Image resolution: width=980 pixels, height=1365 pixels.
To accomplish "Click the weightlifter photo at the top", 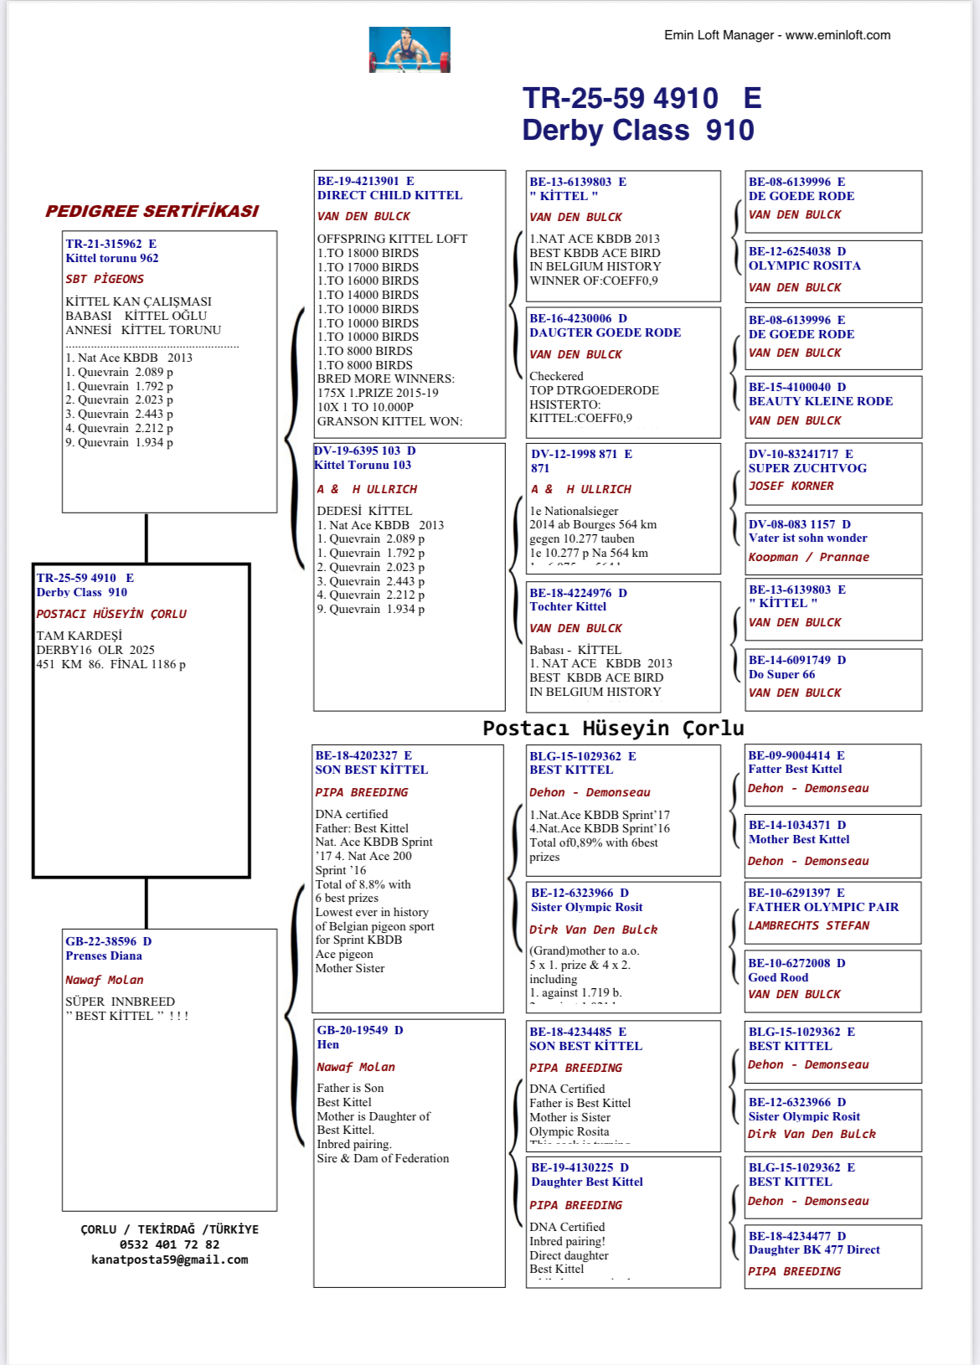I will [410, 49].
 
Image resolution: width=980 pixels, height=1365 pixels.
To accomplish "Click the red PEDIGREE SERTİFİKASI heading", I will [152, 211].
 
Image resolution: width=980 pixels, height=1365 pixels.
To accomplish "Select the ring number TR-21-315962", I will [104, 244].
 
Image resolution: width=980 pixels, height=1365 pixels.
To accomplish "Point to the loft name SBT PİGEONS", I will [105, 279].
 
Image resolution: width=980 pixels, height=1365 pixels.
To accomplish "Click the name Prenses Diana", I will [104, 956].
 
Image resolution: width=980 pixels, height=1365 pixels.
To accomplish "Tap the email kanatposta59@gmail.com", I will [169, 1259].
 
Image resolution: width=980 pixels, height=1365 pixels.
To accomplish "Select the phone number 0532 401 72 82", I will [169, 1244].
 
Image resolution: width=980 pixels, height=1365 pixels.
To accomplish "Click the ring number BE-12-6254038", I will [790, 251].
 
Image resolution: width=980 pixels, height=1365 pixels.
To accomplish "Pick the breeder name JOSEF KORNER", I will [791, 486].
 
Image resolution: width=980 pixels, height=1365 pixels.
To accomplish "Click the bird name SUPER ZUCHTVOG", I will [807, 468].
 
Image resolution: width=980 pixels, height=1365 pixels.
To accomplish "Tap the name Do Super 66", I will [781, 674].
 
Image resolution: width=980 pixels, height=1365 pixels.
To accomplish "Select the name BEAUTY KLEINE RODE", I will [821, 401].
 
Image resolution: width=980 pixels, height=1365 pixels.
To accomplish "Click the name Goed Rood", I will [778, 977].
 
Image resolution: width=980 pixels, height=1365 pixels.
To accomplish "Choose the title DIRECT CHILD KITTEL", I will [389, 195].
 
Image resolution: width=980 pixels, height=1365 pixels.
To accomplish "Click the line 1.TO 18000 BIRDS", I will [368, 253].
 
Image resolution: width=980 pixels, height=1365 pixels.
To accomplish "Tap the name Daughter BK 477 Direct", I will [814, 1249].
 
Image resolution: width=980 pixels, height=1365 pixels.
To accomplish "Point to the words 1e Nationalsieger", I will [574, 511].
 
